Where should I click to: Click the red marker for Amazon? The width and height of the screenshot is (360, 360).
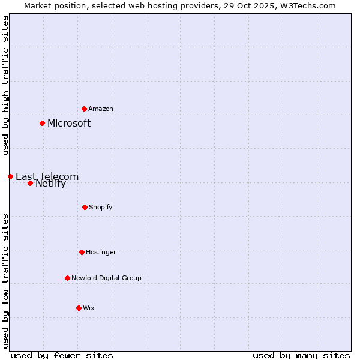pyautogui.click(x=84, y=109)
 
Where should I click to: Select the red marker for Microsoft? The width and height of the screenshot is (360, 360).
pyautogui.click(x=42, y=123)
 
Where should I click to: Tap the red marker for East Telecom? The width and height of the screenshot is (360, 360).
pyautogui.click(x=10, y=176)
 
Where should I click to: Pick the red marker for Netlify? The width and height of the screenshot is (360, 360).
pyautogui.click(x=30, y=183)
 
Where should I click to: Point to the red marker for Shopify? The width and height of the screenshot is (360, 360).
pyautogui.click(x=85, y=207)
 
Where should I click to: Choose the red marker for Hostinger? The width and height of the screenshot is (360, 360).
pyautogui.click(x=82, y=252)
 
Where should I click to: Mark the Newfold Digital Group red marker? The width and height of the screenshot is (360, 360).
pyautogui.click(x=67, y=278)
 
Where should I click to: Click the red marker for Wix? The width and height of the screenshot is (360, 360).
pyautogui.click(x=79, y=308)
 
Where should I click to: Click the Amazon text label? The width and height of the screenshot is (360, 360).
pyautogui.click(x=101, y=109)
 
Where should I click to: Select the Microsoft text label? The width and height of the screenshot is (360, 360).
pyautogui.click(x=69, y=123)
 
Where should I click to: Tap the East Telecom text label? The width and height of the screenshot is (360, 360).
pyautogui.click(x=47, y=176)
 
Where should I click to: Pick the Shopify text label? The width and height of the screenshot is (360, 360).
pyautogui.click(x=101, y=207)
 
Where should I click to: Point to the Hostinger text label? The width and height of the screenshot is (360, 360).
pyautogui.click(x=101, y=252)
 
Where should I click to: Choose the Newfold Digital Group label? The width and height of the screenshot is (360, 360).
pyautogui.click(x=106, y=278)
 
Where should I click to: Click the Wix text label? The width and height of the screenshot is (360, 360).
pyautogui.click(x=89, y=308)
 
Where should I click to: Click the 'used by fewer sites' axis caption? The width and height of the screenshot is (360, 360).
pyautogui.click(x=62, y=355)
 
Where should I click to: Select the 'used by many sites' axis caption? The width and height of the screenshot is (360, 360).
pyautogui.click(x=301, y=355)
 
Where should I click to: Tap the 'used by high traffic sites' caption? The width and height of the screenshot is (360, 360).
pyautogui.click(x=5, y=85)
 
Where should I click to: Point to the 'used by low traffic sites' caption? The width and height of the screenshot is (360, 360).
pyautogui.click(x=5, y=280)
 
